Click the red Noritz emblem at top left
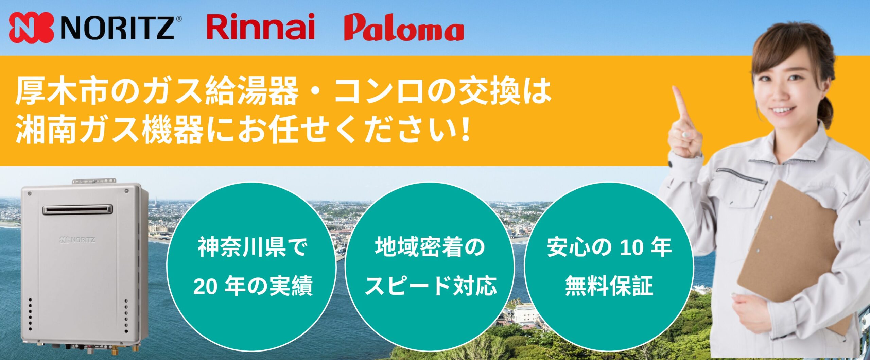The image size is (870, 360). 31,28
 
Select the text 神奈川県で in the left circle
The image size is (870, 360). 253,248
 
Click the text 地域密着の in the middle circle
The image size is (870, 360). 430,247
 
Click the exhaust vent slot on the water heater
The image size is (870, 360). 77,210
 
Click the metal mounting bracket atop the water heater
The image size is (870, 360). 94,181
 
